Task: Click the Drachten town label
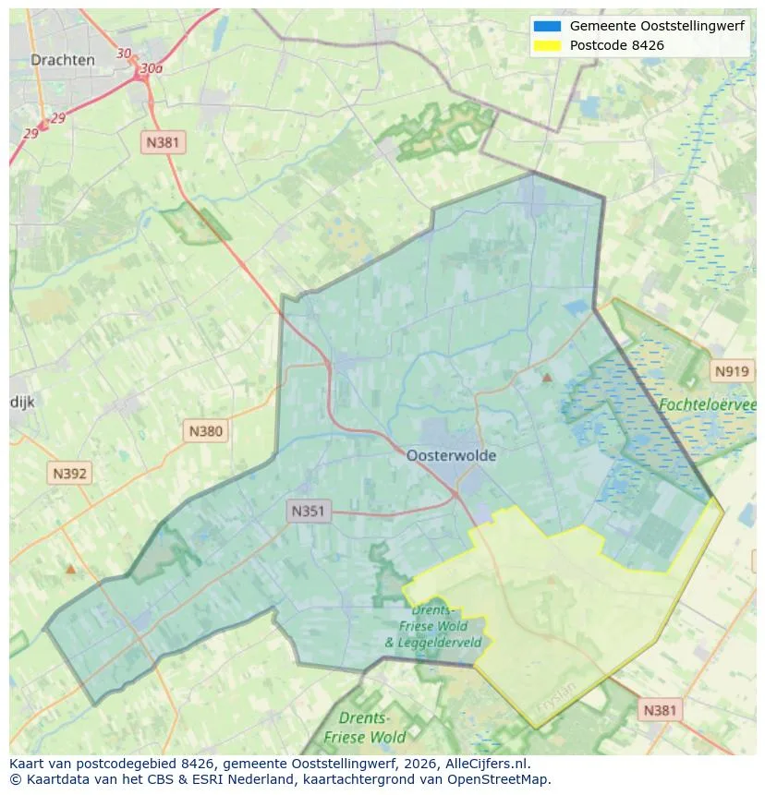[63, 60]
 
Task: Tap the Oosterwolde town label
[451, 455]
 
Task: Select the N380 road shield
[205, 430]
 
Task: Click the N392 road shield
[70, 474]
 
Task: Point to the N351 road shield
[309, 511]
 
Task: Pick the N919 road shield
[732, 371]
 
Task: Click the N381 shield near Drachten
[164, 142]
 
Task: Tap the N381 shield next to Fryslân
[659, 709]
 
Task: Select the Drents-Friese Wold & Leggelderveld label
[433, 627]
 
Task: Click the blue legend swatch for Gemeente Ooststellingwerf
[547, 26]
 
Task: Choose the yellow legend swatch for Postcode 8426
[547, 45]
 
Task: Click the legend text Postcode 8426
[616, 45]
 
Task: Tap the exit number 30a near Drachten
[151, 68]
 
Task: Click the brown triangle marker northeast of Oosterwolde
[547, 378]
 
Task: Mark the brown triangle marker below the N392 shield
[70, 569]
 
